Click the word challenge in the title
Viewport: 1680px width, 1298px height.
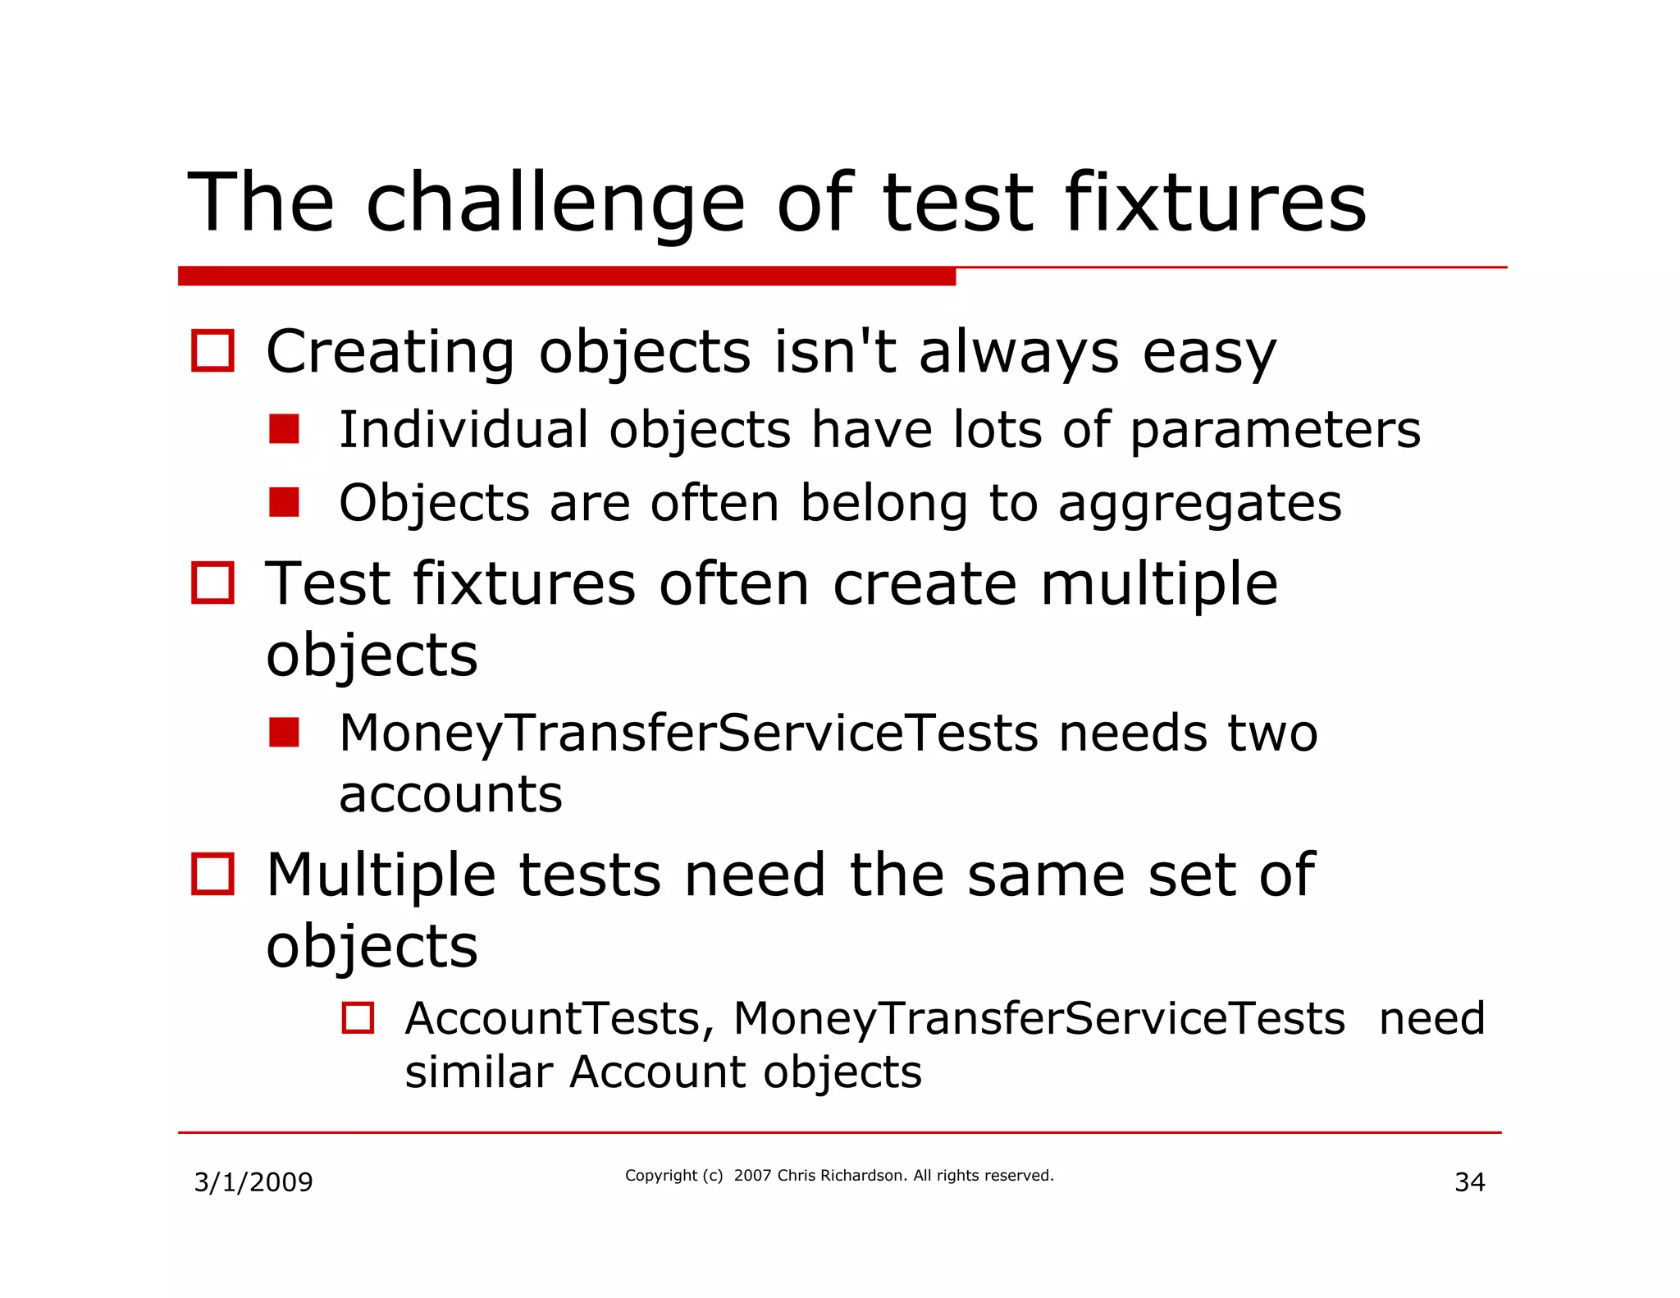pyautogui.click(x=555, y=203)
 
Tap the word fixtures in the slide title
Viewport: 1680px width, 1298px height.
pyautogui.click(x=1215, y=203)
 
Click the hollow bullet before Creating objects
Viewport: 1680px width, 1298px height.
pyautogui.click(x=212, y=350)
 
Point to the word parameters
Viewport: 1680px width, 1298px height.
pyautogui.click(x=1275, y=430)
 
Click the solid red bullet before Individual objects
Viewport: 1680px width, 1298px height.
pyautogui.click(x=284, y=428)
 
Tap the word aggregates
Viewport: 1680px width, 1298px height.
pyautogui.click(x=1199, y=503)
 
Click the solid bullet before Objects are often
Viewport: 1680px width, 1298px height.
pyautogui.click(x=284, y=502)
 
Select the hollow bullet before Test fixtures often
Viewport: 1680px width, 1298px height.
pyautogui.click(x=212, y=583)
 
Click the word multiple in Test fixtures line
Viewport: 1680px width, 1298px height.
pyautogui.click(x=1158, y=583)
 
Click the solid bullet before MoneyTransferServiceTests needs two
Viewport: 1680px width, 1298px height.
pyautogui.click(x=284, y=732)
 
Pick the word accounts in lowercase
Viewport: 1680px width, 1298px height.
pyautogui.click(x=450, y=794)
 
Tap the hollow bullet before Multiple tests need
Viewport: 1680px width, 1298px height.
pyautogui.click(x=212, y=874)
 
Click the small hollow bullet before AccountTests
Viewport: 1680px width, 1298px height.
pyautogui.click(x=358, y=1017)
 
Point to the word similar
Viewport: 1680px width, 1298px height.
pyautogui.click(x=478, y=1072)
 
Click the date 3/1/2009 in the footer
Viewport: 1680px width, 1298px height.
pyautogui.click(x=253, y=1182)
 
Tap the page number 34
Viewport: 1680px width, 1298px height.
pyautogui.click(x=1469, y=1182)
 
